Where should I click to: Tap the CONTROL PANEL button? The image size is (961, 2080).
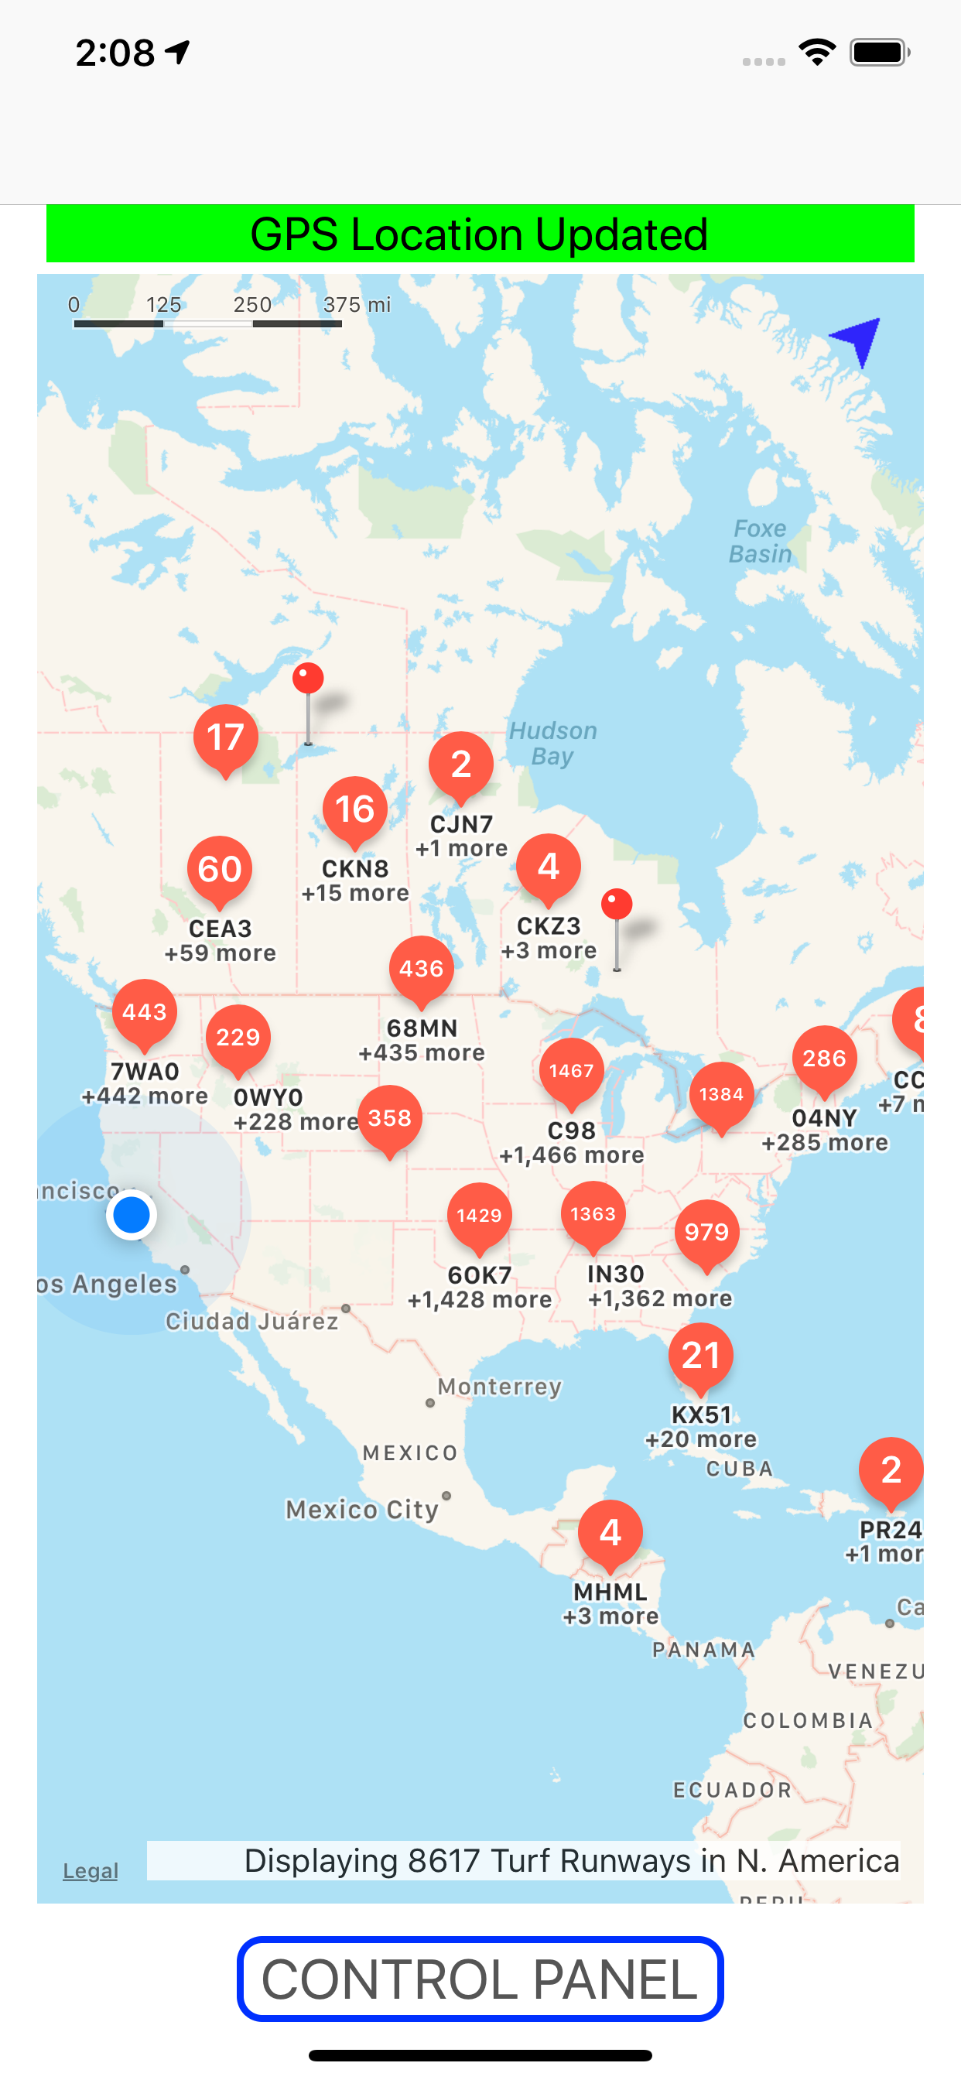coord(480,1979)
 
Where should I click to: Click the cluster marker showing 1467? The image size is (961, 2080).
coord(571,1071)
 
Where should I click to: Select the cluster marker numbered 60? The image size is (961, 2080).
coord(220,869)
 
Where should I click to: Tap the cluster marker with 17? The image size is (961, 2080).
coord(225,737)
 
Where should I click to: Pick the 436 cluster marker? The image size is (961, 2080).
coord(421,968)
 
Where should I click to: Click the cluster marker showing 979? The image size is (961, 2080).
coord(706,1232)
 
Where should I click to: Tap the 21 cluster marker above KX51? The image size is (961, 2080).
coord(700,1355)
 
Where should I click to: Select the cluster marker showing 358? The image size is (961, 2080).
coord(389,1117)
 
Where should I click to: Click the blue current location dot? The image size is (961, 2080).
coord(131,1214)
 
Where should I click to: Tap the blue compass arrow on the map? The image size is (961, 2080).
coord(857,339)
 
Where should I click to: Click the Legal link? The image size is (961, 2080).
coord(91,1871)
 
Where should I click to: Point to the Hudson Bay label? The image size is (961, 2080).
coord(552,744)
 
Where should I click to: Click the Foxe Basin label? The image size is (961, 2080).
coord(759,541)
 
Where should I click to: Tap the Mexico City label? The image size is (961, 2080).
coord(362,1509)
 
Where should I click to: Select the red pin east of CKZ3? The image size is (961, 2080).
coord(617,905)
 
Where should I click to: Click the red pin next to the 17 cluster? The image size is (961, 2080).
coord(308,679)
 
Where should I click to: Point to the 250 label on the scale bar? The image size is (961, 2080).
coord(252,304)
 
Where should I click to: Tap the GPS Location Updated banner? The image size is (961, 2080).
coord(480,234)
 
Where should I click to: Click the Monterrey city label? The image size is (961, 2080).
coord(499,1387)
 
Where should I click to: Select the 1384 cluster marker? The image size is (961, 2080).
coord(720,1094)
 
